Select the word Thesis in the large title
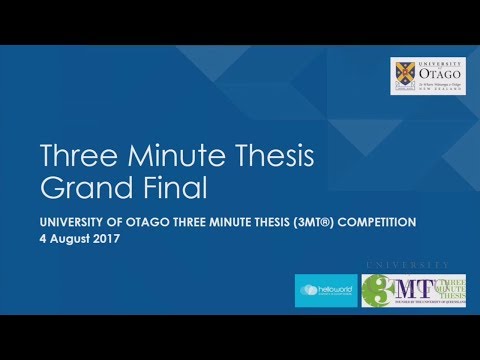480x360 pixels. pyautogui.click(x=273, y=157)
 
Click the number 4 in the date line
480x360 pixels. pyautogui.click(x=43, y=239)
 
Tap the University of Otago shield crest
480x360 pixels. pyautogui.click(x=407, y=79)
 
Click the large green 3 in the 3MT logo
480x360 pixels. pyautogui.click(x=377, y=290)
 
